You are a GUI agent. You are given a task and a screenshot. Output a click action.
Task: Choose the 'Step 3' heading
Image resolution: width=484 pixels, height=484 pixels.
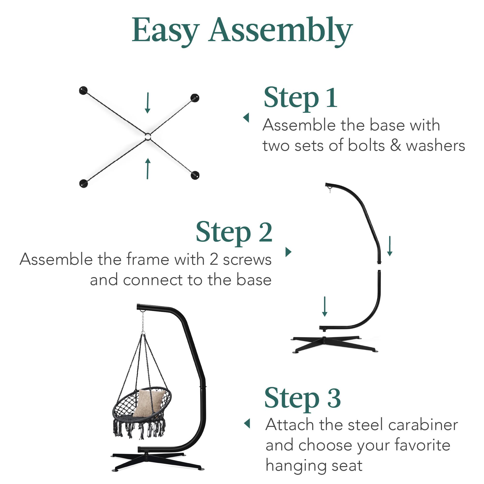[302, 399]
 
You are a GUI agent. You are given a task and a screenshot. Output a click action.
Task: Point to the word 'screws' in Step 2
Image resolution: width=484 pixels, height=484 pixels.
[247, 260]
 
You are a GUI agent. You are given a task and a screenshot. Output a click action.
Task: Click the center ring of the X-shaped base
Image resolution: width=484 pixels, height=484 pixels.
[148, 137]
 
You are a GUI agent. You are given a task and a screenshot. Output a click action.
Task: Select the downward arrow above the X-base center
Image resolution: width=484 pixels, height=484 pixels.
[148, 103]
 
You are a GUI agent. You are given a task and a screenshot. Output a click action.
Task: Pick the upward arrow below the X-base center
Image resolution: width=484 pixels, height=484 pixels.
[148, 168]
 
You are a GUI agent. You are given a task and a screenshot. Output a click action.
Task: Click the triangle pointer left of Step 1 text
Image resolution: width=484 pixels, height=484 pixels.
[246, 118]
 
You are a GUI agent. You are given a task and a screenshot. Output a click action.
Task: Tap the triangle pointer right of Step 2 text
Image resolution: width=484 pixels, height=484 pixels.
[288, 252]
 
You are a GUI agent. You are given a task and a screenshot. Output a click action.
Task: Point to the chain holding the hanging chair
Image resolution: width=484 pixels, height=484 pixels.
[143, 322]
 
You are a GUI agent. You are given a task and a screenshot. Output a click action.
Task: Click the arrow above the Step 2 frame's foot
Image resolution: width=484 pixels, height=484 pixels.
[325, 306]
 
